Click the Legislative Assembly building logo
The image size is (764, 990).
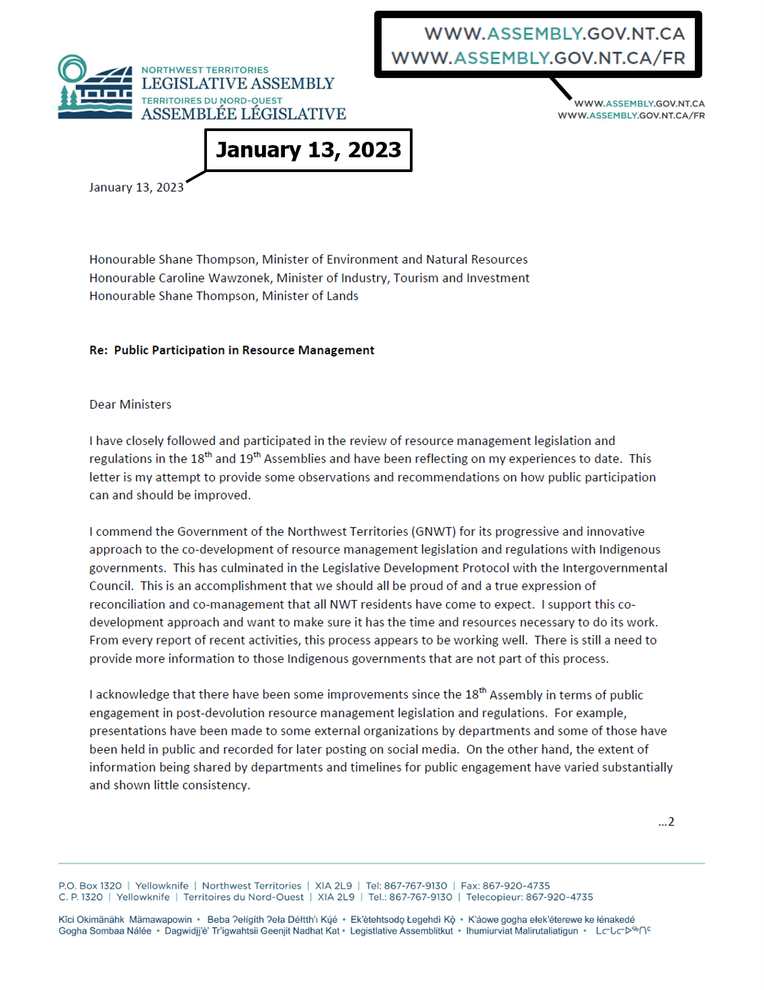[x=95, y=87]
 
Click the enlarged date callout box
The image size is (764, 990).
[x=308, y=150]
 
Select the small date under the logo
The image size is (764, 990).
[x=136, y=188]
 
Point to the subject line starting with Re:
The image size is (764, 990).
[x=232, y=350]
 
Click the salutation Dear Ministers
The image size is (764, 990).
[x=130, y=405]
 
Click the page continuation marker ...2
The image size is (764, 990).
[x=666, y=822]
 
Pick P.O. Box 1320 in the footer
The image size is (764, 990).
[x=90, y=886]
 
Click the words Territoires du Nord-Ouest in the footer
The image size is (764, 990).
[x=243, y=897]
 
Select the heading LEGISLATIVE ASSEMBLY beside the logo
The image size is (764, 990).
[x=238, y=84]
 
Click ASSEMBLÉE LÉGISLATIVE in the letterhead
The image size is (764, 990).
[x=243, y=114]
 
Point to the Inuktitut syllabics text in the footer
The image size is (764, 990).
[x=623, y=931]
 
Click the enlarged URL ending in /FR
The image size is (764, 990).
[x=538, y=58]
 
